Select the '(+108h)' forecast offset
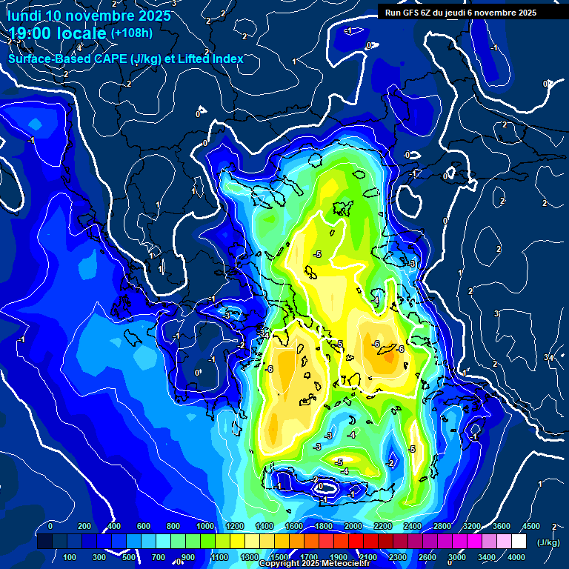click(x=131, y=33)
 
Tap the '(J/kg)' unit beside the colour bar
click(x=548, y=542)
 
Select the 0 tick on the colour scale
click(x=50, y=526)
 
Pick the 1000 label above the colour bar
click(x=205, y=526)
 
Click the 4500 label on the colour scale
click(x=530, y=526)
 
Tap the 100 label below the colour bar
click(x=70, y=557)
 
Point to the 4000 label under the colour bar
click(x=517, y=557)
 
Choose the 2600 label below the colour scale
click(x=428, y=557)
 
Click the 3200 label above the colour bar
click(x=472, y=526)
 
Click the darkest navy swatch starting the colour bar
click(x=44, y=542)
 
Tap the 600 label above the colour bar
click(x=144, y=526)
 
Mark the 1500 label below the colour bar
click(x=279, y=557)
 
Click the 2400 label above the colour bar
click(x=413, y=526)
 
